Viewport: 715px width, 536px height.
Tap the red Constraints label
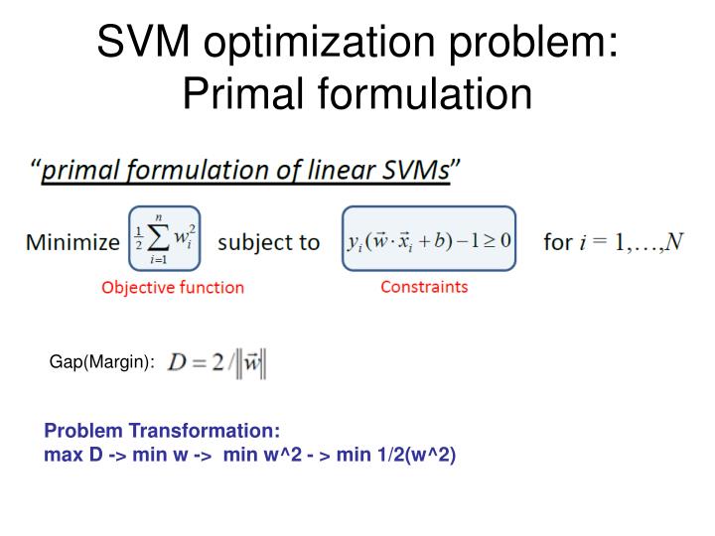click(424, 287)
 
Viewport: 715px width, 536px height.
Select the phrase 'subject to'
click(268, 242)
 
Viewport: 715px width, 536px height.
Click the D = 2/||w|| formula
click(217, 363)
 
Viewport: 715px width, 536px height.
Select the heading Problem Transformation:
click(162, 432)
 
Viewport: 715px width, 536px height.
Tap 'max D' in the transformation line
click(71, 456)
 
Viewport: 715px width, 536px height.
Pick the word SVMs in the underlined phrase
click(416, 171)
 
